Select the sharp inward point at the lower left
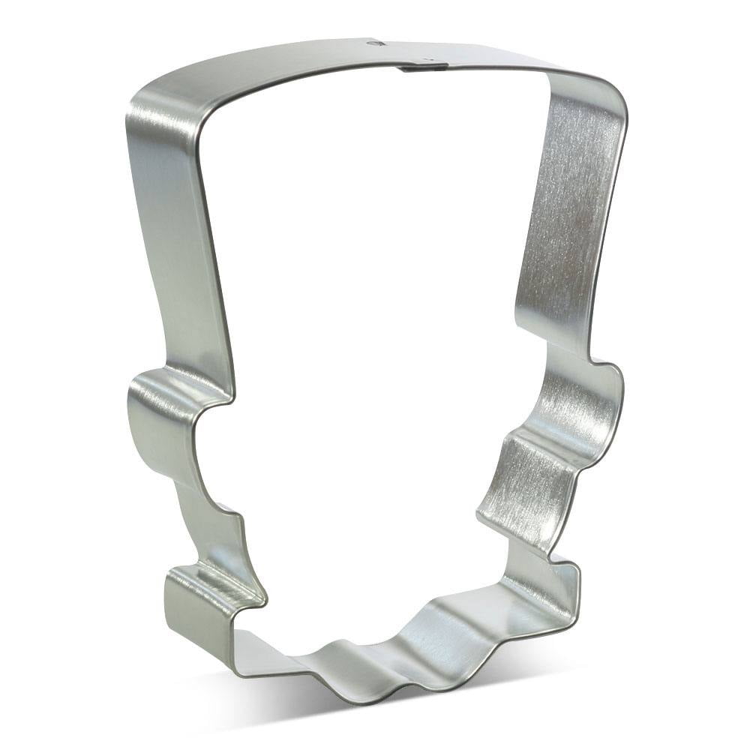[259, 600]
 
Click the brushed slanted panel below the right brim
[517, 480]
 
